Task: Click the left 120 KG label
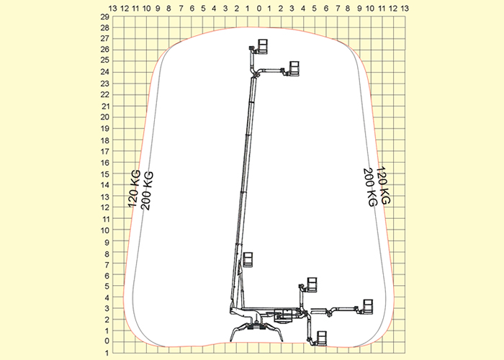point(135,189)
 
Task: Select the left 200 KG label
point(148,191)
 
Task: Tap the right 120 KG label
point(383,185)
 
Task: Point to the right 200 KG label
point(369,187)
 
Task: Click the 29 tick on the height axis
point(105,17)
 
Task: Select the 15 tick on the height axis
point(105,174)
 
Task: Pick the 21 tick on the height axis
point(105,107)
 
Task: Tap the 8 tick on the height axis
point(107,253)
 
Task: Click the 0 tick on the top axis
point(259,9)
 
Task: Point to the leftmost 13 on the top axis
point(113,9)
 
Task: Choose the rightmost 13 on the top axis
point(405,9)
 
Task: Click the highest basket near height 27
point(263,47)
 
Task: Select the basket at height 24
point(294,69)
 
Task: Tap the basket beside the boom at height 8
point(248,260)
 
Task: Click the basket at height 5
point(312,285)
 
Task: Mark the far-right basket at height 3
point(368,307)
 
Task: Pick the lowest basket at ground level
point(322,338)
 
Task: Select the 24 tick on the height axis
point(105,72)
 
